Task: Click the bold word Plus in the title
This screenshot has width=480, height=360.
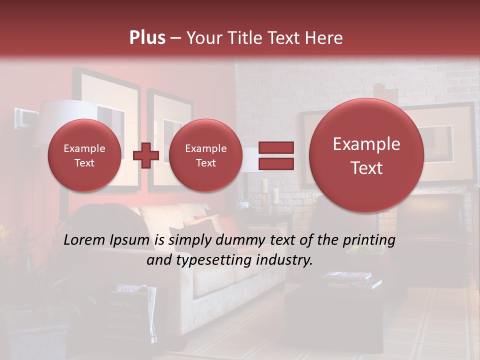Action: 147,38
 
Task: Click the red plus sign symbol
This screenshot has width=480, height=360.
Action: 145,155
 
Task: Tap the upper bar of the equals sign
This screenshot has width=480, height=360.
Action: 275,147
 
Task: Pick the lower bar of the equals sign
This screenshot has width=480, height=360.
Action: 275,163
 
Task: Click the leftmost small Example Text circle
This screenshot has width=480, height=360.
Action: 84,155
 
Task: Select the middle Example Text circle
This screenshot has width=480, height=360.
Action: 205,155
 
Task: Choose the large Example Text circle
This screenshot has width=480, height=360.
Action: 366,155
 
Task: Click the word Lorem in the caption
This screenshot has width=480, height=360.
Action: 85,240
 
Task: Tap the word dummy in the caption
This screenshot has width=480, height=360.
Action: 240,240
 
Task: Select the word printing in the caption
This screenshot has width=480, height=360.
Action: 368,240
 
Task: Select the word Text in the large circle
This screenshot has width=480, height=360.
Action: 366,168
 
